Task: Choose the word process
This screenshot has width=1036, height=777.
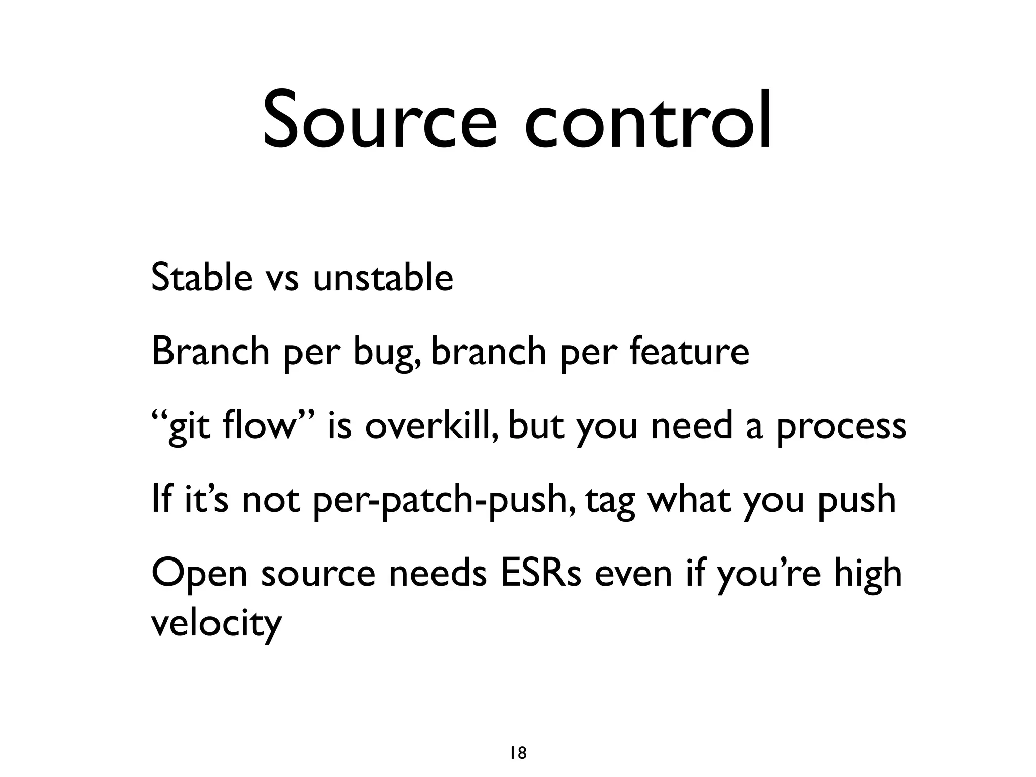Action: point(841,427)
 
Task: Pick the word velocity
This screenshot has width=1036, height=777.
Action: point(216,624)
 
